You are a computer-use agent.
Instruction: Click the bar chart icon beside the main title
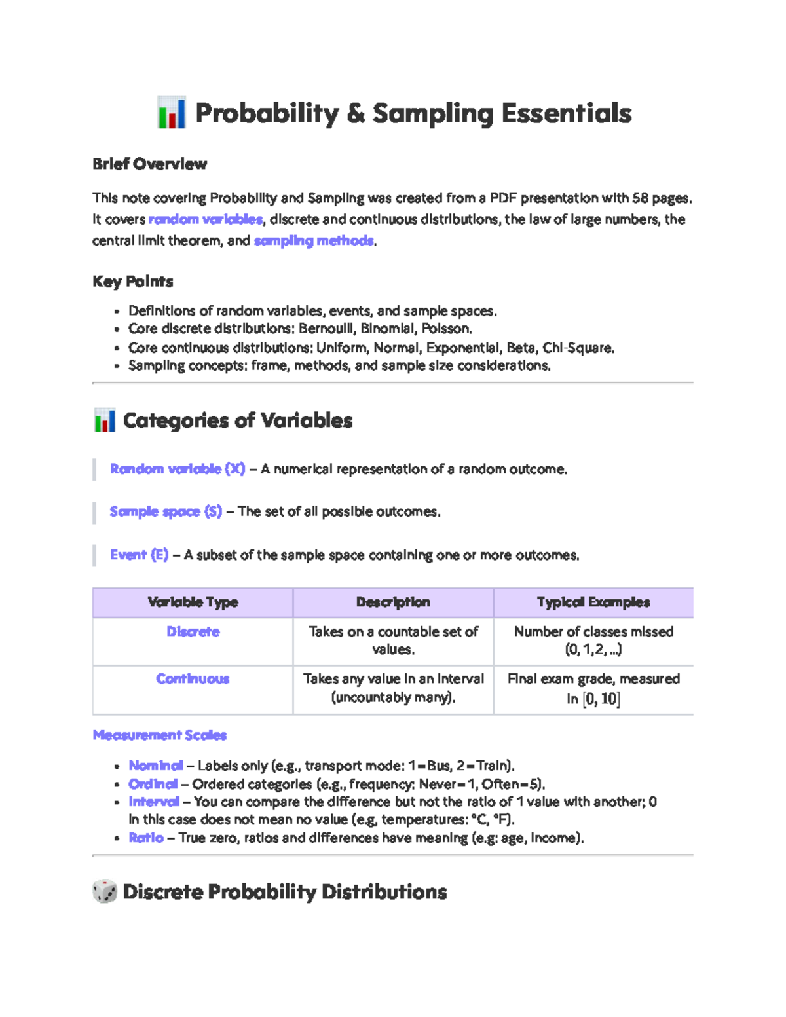[172, 113]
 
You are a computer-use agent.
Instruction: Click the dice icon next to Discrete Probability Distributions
[105, 891]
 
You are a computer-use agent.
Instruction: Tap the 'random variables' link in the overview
[205, 219]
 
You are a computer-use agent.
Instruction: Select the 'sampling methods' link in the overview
[314, 241]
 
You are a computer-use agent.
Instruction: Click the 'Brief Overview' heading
[149, 164]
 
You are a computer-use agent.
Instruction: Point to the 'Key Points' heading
[133, 282]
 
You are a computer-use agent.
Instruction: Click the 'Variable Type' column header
[193, 602]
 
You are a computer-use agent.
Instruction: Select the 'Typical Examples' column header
[593, 602]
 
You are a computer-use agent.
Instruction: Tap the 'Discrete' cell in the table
[193, 632]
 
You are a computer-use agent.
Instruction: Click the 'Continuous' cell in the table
[193, 679]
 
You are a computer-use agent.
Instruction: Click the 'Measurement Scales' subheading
[160, 735]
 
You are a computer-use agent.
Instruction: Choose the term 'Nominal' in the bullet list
[156, 766]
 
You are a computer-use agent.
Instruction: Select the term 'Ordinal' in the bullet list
[153, 784]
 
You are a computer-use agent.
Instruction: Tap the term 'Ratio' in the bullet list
[146, 838]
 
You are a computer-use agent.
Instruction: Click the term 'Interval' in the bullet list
[154, 802]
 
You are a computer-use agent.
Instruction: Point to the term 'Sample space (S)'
[166, 511]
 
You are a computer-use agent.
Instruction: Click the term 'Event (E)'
[140, 555]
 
